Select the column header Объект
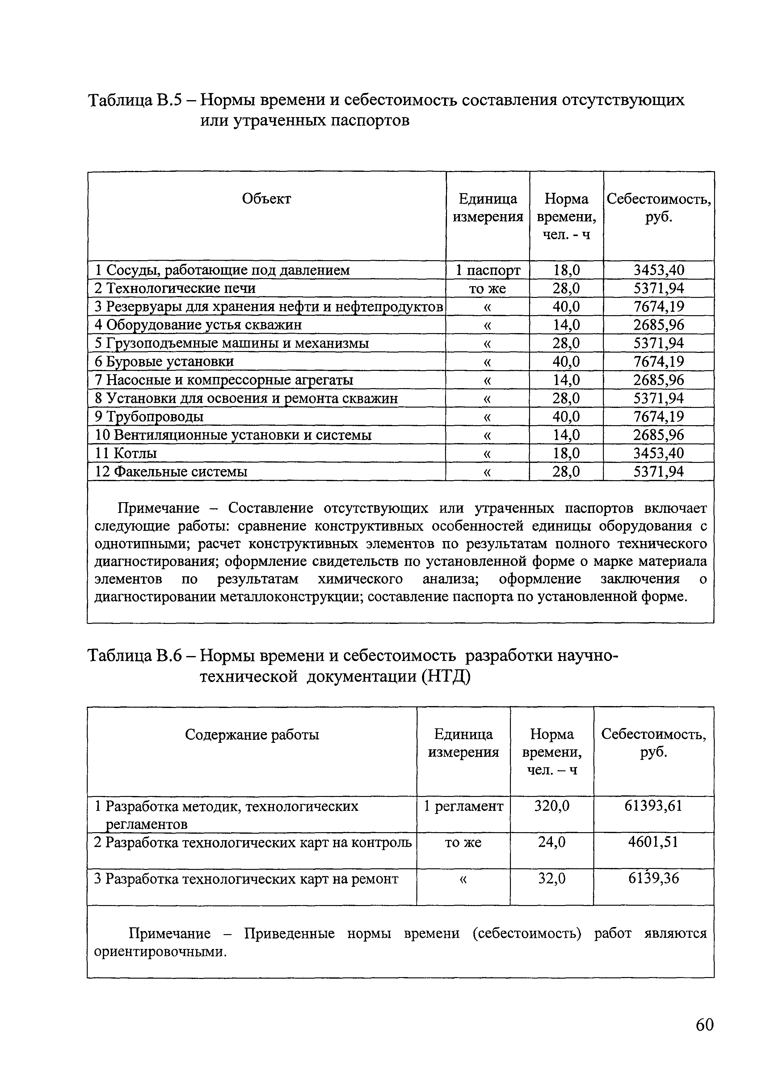tap(266, 199)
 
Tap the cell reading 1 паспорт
tap(488, 270)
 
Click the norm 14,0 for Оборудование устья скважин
tap(566, 325)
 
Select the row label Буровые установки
tap(164, 362)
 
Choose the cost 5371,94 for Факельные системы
tap(659, 472)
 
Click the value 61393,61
tap(653, 806)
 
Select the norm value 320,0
tap(552, 806)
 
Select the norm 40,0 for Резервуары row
tap(566, 307)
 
